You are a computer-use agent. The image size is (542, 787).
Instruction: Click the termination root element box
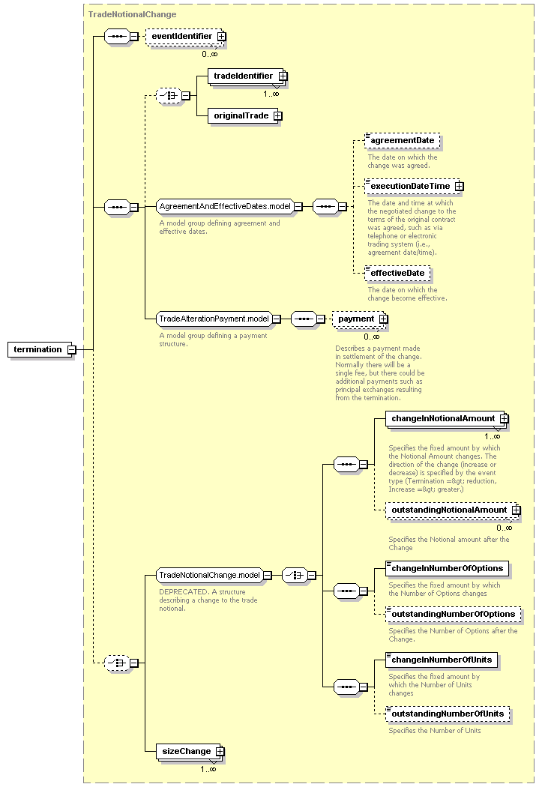coord(41,349)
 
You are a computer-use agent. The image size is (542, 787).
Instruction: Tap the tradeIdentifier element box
coord(247,76)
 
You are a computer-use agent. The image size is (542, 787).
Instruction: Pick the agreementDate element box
coord(403,141)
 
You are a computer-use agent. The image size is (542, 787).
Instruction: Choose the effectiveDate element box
coord(397,273)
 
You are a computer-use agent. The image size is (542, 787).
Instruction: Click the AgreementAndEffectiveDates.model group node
coord(229,206)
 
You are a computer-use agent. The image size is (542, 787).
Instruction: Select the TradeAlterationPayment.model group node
coord(218,319)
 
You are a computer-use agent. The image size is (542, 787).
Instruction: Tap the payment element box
coord(360,319)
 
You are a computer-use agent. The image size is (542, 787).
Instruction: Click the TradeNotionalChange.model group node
coord(214,575)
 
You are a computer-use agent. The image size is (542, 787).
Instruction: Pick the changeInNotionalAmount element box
coord(447,419)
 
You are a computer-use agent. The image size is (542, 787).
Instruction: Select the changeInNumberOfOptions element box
coord(447,569)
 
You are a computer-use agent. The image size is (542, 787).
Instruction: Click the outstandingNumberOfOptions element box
coord(454,615)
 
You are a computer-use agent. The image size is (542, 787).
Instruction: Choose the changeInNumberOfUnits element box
coord(442,660)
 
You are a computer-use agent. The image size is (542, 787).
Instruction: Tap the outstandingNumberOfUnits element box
coord(448,714)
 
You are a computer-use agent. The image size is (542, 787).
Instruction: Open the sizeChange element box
coord(190,751)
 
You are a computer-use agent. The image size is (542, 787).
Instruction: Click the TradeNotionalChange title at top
coord(133,14)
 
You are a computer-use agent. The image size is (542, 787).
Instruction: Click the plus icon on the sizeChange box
coord(220,751)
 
